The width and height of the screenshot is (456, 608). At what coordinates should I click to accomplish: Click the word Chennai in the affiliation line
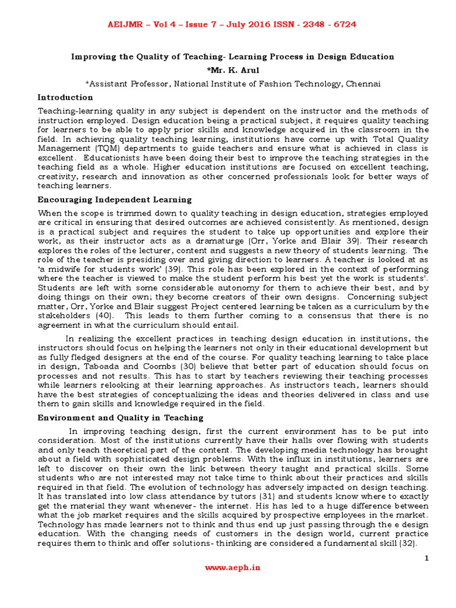[x=362, y=84]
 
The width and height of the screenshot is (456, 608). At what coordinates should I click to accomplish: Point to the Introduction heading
[x=65, y=97]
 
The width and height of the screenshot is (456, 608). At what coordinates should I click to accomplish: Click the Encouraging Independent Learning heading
[x=115, y=199]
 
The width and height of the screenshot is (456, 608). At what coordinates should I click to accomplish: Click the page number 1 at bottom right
[x=426, y=558]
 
